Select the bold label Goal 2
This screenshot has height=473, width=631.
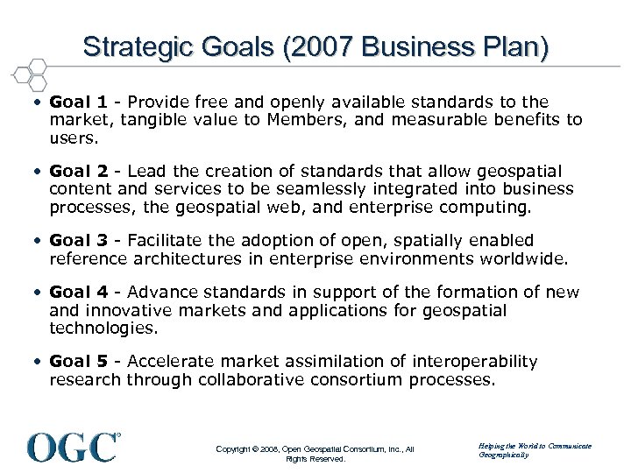coord(73,171)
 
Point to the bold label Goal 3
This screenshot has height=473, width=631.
coord(73,240)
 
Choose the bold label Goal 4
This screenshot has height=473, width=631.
coord(73,293)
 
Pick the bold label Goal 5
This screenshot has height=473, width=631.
coord(73,361)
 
